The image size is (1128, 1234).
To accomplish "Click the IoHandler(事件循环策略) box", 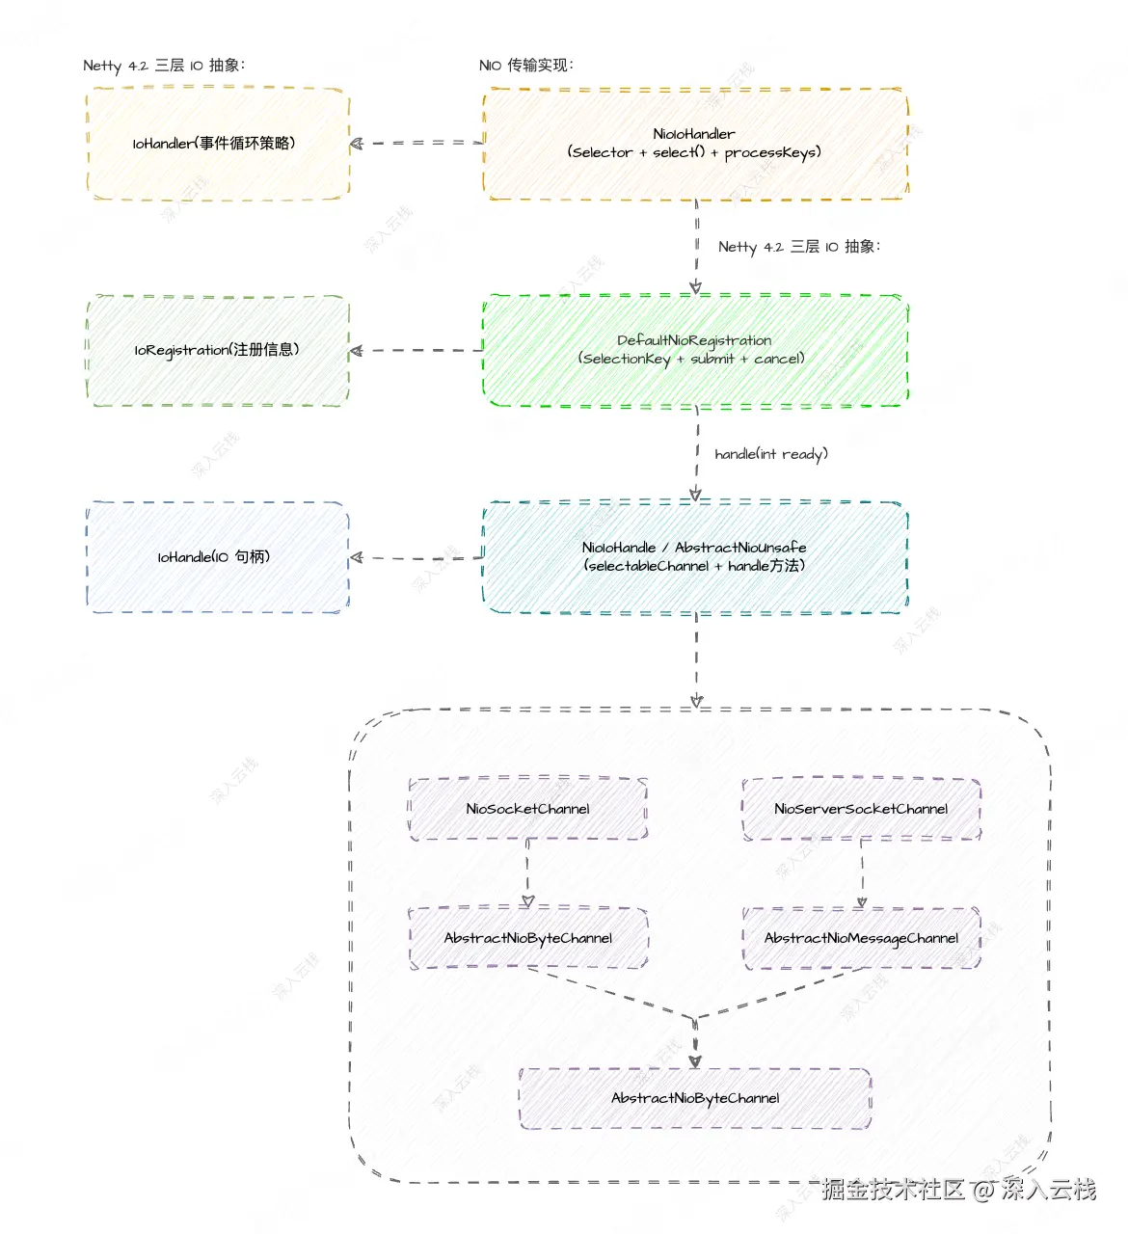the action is click(218, 144).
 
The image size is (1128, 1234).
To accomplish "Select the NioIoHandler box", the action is click(695, 144).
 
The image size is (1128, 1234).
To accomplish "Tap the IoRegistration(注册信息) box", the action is click(218, 350).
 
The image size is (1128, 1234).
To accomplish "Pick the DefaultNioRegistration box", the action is click(695, 350).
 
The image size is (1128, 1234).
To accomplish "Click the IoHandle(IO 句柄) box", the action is click(218, 556).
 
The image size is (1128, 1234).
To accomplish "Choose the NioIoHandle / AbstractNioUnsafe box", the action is click(695, 556).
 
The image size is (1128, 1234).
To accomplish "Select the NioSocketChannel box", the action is click(528, 808).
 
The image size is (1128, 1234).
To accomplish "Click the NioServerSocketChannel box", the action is click(861, 808).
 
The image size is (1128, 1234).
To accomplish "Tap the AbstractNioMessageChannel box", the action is click(861, 937).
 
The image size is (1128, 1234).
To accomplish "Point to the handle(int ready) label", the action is click(771, 454).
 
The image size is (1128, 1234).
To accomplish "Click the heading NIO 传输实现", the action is click(526, 65).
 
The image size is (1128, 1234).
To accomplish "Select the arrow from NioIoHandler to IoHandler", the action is click(416, 144).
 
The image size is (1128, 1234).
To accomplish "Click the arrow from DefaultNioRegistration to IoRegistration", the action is click(416, 351).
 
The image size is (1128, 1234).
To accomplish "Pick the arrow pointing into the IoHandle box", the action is click(416, 557).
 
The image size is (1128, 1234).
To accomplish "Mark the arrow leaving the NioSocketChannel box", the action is click(527, 873).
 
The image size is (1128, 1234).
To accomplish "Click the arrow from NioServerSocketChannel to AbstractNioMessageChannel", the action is click(862, 873).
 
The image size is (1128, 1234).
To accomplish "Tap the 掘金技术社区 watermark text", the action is click(893, 1189).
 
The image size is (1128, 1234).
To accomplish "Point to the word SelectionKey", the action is click(626, 359).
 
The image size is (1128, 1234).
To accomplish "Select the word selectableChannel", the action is click(648, 565).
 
